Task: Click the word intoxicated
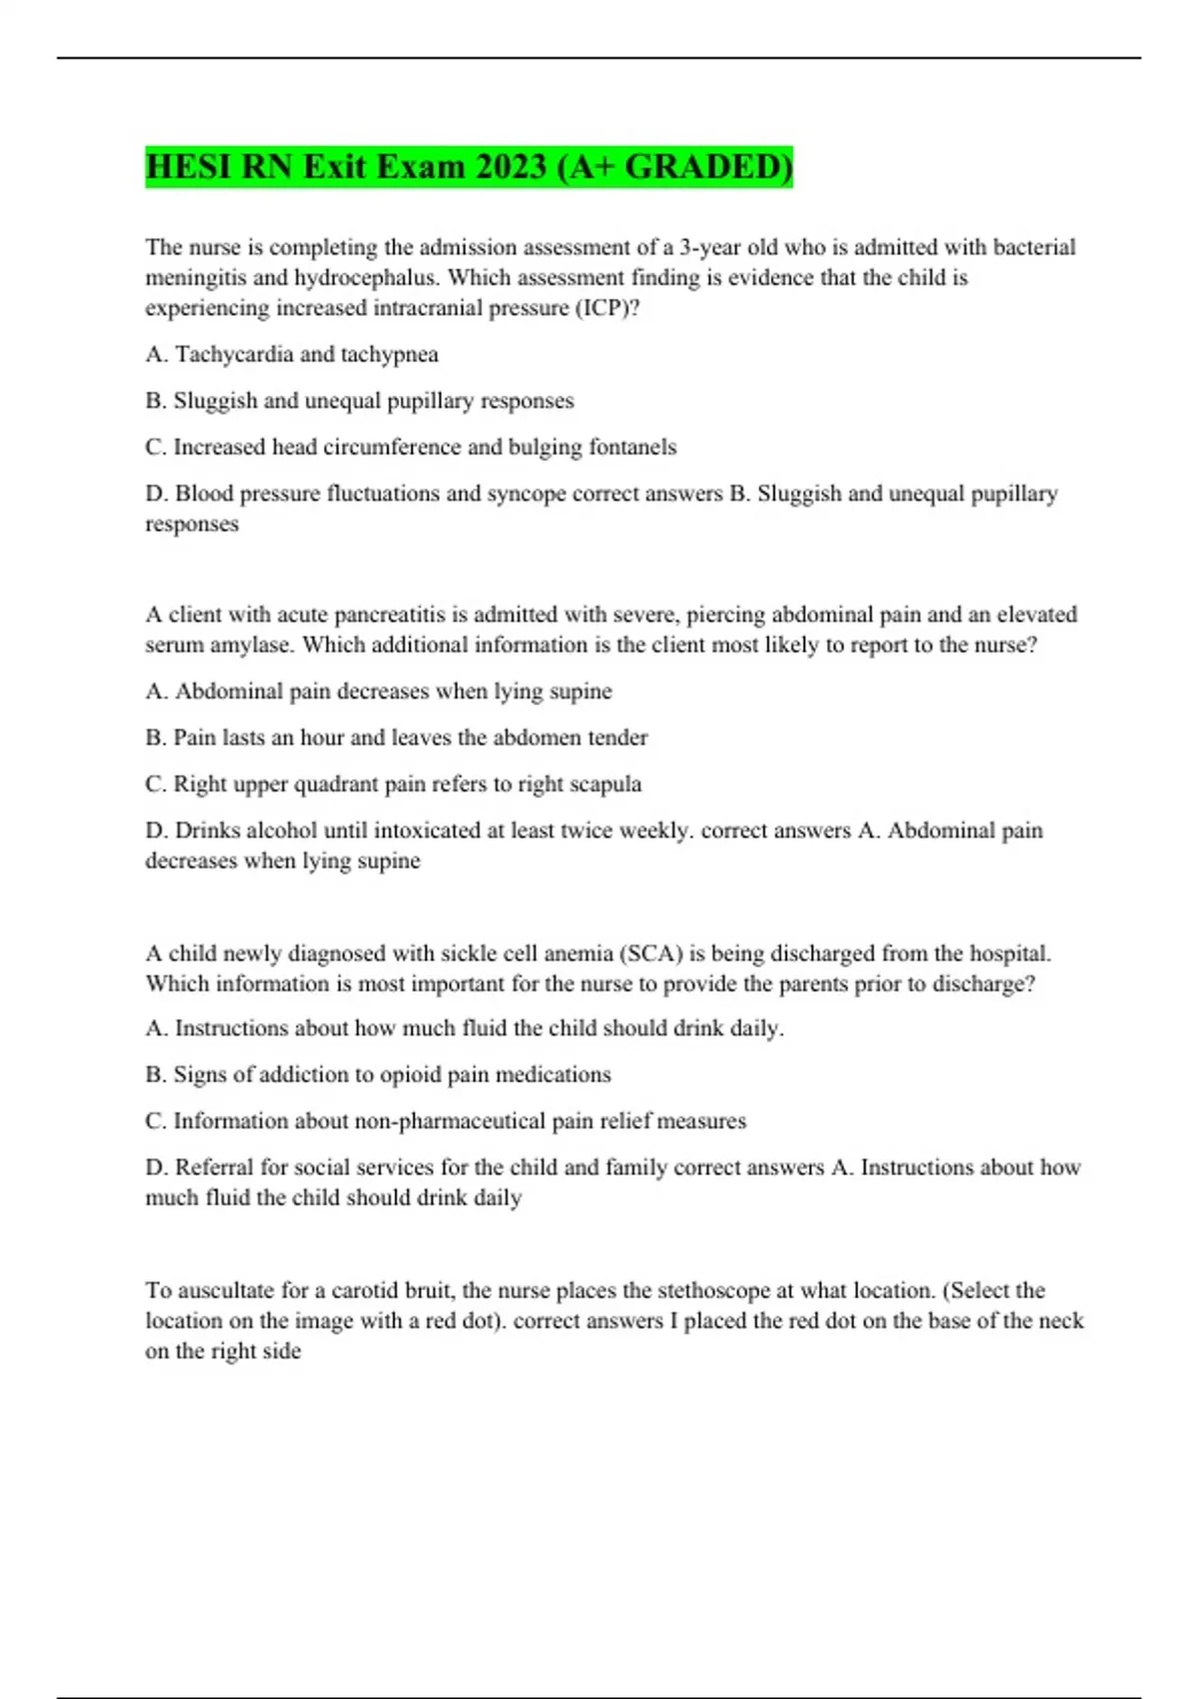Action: [392, 831]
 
